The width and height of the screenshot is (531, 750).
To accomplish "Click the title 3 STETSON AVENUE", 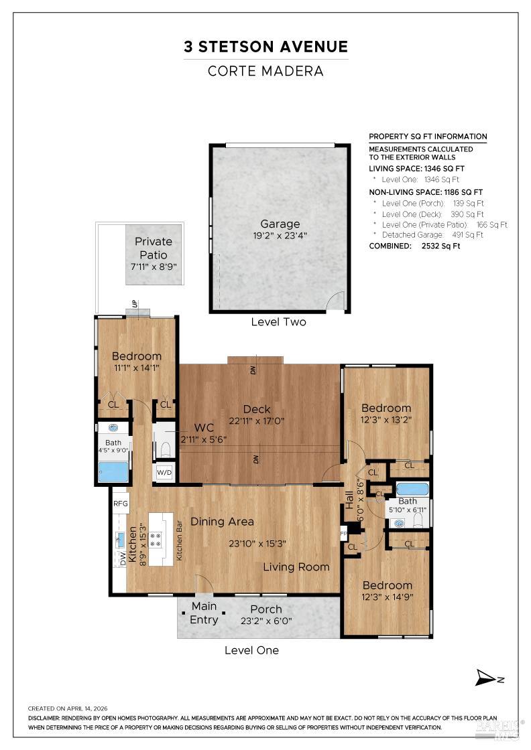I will coord(266,47).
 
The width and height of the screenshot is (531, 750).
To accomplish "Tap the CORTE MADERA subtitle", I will coord(266,71).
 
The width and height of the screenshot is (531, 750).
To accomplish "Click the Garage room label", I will coord(280,224).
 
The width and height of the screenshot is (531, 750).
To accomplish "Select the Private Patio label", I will coord(154,247).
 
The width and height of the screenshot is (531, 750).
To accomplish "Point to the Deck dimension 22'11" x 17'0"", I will coord(257,421).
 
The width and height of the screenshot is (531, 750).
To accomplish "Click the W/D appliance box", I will coord(164,472).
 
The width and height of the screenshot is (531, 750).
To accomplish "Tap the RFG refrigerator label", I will coord(120,504).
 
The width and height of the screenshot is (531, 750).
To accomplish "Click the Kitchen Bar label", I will coord(179,546).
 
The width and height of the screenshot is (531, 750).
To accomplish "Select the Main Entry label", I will coord(204,613).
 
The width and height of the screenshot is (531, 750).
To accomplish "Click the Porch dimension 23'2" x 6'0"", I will coord(266,621).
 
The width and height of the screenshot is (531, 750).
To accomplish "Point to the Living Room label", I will coord(296,567).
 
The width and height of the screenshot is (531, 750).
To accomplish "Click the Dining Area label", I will coord(222,522).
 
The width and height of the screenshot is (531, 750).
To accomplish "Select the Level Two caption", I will coord(278,322).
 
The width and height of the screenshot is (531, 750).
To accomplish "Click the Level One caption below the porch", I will coord(251,650).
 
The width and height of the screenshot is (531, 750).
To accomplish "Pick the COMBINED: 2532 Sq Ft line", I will coord(414,246).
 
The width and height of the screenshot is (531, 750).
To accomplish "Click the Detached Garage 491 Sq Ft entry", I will coord(432,235).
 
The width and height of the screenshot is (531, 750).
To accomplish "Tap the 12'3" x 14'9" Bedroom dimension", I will coord(387,597).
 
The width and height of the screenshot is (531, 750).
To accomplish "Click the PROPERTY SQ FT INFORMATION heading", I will coord(428,137).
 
